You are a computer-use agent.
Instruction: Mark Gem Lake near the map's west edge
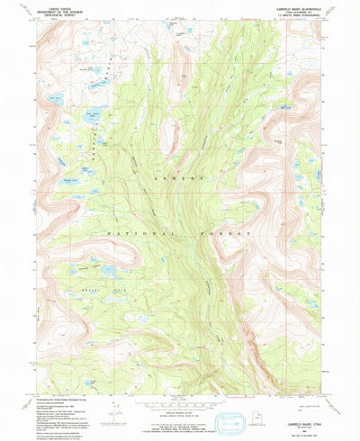56,96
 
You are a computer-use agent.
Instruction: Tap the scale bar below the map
180,388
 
